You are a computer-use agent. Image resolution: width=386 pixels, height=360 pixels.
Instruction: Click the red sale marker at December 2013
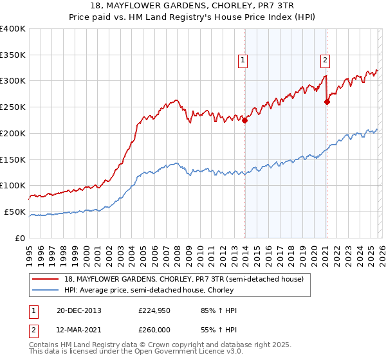coord(244,120)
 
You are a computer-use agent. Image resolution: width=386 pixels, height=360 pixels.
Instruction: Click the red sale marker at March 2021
coord(327,101)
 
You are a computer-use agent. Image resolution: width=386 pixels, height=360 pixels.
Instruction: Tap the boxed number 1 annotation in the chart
coord(243,61)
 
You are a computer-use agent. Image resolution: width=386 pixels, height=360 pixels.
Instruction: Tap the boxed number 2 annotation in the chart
coord(325,61)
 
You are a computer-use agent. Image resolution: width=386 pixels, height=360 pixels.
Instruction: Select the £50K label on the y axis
coord(15,212)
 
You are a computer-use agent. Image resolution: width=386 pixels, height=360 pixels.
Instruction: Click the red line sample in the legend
coord(46,278)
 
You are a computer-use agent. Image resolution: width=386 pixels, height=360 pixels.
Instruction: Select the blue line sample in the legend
coord(46,289)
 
